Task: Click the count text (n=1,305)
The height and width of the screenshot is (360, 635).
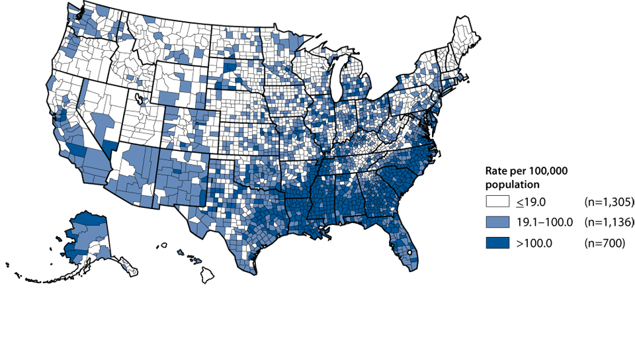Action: tap(609, 202)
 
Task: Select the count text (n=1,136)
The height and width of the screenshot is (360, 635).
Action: tap(609, 222)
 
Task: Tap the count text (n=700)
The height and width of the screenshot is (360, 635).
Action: tap(603, 244)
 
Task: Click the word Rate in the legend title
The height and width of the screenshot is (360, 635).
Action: tap(496, 172)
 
